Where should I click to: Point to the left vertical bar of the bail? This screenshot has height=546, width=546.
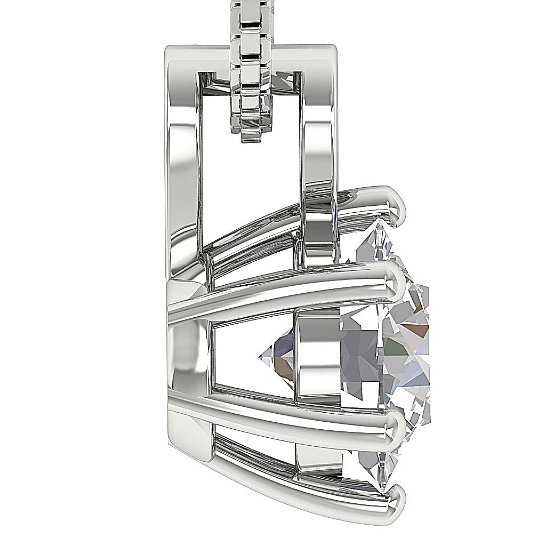[184, 160]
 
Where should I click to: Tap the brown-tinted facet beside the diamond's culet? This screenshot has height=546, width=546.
[283, 368]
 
